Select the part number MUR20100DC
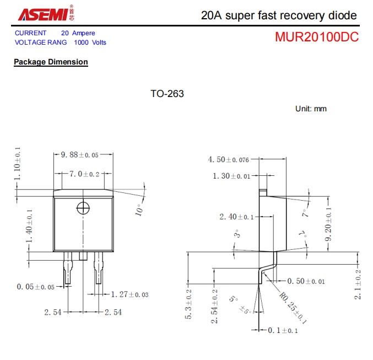[x=317, y=37]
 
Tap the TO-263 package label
[x=167, y=94]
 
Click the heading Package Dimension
[x=51, y=62]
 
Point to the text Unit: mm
[x=311, y=109]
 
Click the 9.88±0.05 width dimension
[x=83, y=155]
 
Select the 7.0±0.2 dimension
[x=84, y=174]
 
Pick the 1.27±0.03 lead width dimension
[x=129, y=294]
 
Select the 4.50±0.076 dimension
[x=228, y=159]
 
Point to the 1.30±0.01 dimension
[x=231, y=176]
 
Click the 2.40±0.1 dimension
[x=236, y=217]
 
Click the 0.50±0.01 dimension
[x=306, y=281]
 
